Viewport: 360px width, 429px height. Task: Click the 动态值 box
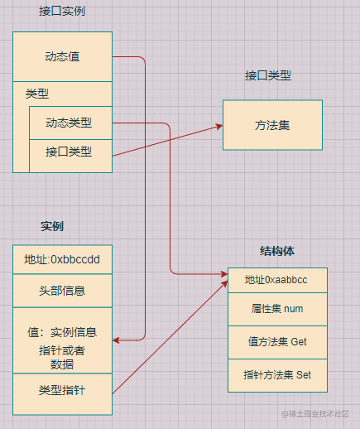pyautogui.click(x=62, y=56)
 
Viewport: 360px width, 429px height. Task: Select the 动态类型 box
pyautogui.click(x=70, y=123)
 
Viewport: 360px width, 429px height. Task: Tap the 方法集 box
pyautogui.click(x=272, y=125)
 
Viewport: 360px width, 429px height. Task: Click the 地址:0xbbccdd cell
pyautogui.click(x=62, y=259)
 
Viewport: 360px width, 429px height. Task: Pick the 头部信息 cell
pyautogui.click(x=62, y=291)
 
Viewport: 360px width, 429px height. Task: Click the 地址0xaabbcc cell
pyautogui.click(x=277, y=280)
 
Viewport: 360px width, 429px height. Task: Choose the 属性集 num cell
pyautogui.click(x=277, y=309)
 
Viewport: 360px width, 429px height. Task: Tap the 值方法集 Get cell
pyautogui.click(x=277, y=342)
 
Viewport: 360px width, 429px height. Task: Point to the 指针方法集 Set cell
pyautogui.click(x=277, y=375)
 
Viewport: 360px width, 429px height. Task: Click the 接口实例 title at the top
pyautogui.click(x=62, y=11)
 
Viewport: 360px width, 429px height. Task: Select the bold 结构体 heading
pyautogui.click(x=277, y=251)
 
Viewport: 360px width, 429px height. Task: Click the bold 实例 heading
pyautogui.click(x=52, y=226)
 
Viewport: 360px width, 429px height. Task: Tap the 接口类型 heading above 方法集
pyautogui.click(x=268, y=75)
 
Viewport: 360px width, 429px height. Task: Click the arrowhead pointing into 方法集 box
pyautogui.click(x=219, y=127)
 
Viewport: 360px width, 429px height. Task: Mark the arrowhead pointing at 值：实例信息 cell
pyautogui.click(x=116, y=340)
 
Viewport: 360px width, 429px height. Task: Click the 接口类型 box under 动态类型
pyautogui.click(x=70, y=156)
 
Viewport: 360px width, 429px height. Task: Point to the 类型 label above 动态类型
pyautogui.click(x=37, y=94)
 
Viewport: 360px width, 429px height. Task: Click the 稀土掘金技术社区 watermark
pyautogui.click(x=315, y=413)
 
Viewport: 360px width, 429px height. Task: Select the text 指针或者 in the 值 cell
pyautogui.click(x=62, y=350)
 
